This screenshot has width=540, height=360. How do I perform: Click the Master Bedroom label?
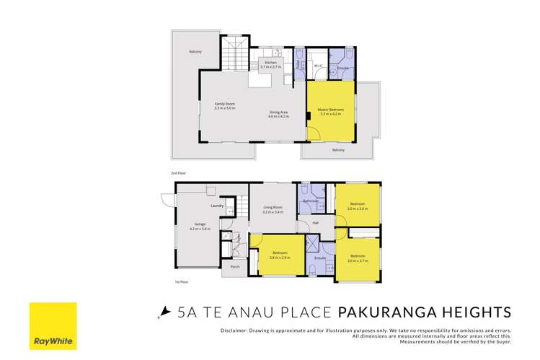[x=331, y=110]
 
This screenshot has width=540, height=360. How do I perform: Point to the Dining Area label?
[x=279, y=110]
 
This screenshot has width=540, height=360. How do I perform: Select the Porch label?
[x=235, y=266]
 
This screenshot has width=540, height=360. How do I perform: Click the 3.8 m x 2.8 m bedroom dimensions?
[x=279, y=258]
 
